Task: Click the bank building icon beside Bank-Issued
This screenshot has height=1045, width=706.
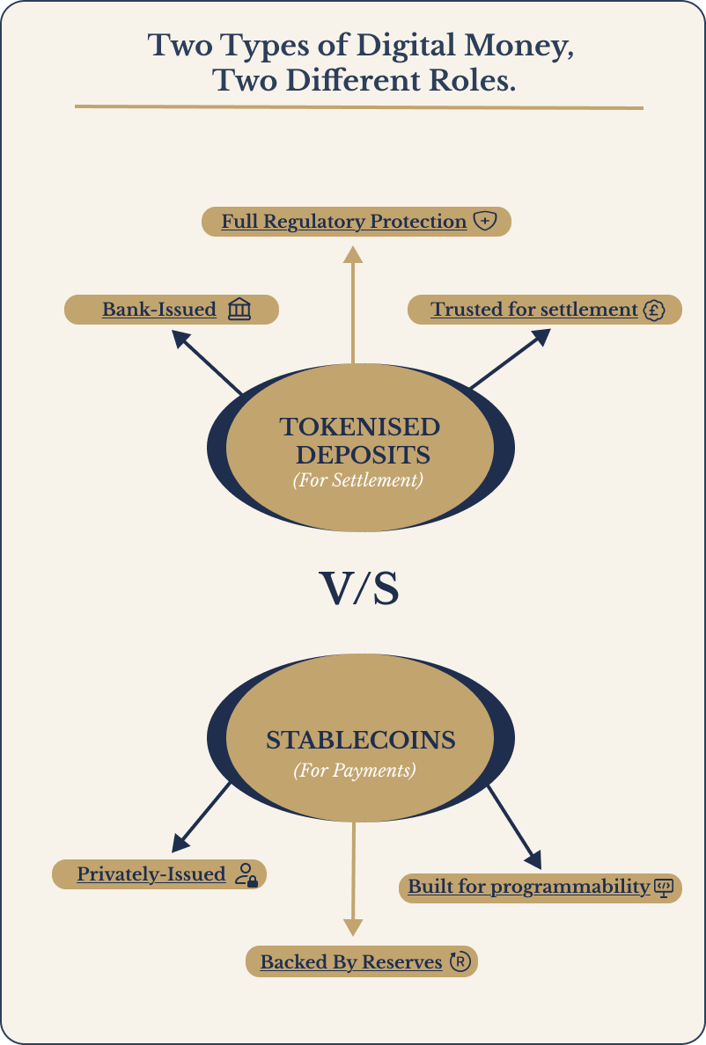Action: [239, 310]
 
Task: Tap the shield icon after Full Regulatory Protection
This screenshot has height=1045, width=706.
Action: [484, 222]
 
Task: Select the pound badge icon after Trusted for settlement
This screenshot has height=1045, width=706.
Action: [652, 310]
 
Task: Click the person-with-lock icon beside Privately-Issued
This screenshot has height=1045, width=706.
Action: [246, 874]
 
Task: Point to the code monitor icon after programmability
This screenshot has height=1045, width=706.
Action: [664, 887]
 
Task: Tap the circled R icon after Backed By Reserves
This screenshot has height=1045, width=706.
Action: [460, 962]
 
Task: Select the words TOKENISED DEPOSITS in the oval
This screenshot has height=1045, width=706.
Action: [360, 441]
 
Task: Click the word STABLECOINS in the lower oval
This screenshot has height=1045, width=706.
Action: [361, 740]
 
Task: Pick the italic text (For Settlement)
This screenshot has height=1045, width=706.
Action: [358, 481]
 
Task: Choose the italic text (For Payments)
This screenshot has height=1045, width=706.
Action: [354, 771]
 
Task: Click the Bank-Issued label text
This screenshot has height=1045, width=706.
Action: [159, 310]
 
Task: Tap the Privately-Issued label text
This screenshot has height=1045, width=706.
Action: [151, 874]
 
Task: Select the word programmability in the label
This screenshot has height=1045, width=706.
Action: [570, 887]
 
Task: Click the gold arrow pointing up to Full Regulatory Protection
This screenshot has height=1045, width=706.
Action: [353, 303]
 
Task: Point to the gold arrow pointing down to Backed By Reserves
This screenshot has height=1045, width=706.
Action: [353, 880]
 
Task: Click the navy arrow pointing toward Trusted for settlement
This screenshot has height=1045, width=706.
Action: [511, 359]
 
